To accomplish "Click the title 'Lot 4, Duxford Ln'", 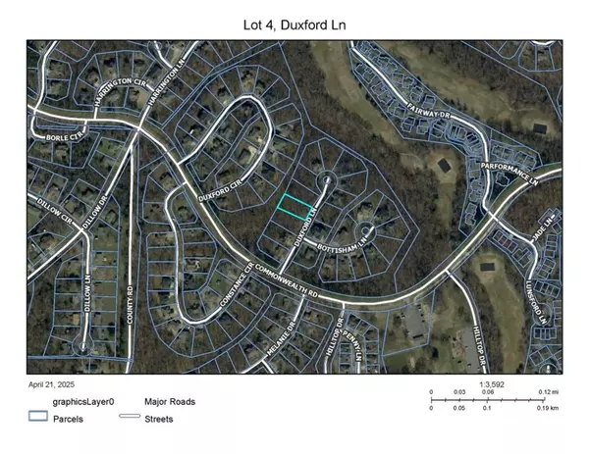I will pos(294,20).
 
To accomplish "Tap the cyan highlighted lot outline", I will pos(293,206).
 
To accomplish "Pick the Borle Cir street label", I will pos(63,137).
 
